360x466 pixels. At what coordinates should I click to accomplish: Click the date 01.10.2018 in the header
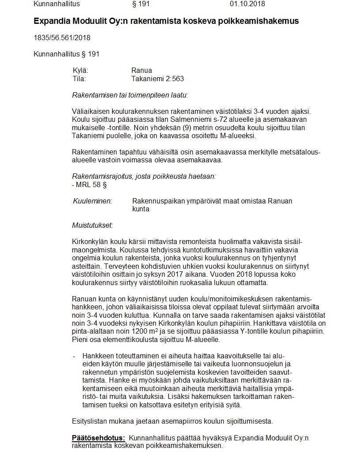[x=247, y=4]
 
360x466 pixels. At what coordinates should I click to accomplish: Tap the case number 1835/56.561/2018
[x=62, y=38]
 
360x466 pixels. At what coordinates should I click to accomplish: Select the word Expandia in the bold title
[x=52, y=21]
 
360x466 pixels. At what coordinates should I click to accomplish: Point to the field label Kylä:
[x=80, y=70]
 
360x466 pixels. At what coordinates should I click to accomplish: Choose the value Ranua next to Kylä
[x=142, y=70]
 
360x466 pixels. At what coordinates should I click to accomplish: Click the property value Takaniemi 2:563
[x=157, y=79]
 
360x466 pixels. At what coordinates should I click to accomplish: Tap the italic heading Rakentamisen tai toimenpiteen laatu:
[x=130, y=95]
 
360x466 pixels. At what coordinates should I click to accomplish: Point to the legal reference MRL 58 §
[x=91, y=185]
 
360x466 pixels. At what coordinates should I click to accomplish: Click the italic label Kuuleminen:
[x=92, y=201]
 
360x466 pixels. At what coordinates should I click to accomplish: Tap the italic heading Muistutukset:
[x=92, y=225]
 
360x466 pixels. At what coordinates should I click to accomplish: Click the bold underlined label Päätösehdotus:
[x=98, y=438]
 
